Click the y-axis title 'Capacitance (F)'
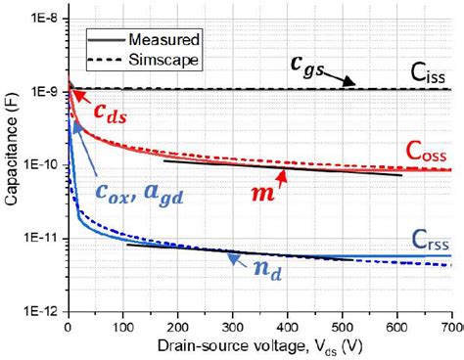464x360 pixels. pos(12,165)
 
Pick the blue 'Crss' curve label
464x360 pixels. pos(429,237)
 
